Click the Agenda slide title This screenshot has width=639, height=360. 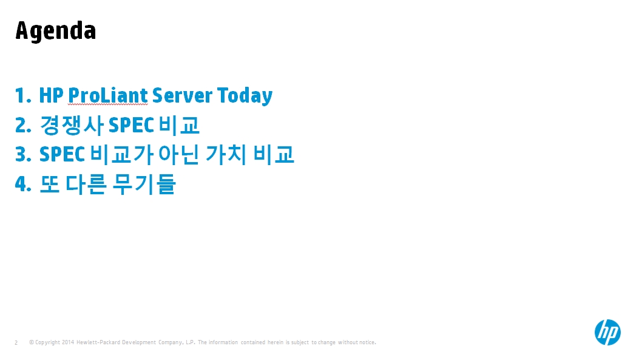pos(55,31)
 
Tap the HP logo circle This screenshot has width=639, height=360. pos(607,332)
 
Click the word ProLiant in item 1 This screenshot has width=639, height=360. pos(107,96)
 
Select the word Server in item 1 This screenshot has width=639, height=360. pos(182,96)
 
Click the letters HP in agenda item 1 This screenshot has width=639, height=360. pos(51,96)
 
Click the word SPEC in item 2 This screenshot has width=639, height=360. pos(131,125)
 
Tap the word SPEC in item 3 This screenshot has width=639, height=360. pos(62,155)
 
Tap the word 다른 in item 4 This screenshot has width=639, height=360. pos(86,184)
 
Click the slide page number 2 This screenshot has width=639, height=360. pos(16,343)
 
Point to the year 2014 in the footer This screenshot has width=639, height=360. pos(68,342)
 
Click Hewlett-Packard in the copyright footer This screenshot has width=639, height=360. pos(98,342)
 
